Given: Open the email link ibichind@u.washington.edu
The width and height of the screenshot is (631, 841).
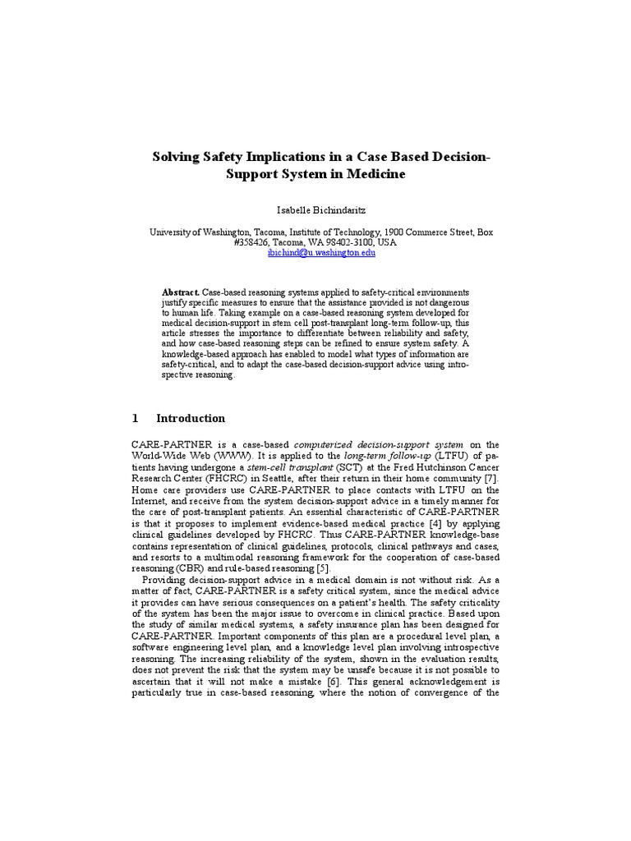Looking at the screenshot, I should [x=321, y=254].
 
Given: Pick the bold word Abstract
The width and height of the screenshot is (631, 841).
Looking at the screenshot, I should [x=180, y=292].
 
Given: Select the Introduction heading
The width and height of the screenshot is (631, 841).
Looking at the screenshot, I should [x=191, y=418].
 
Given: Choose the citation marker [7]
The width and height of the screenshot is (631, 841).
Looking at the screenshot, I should [x=489, y=477].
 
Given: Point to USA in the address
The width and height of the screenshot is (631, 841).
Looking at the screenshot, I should [x=386, y=243].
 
